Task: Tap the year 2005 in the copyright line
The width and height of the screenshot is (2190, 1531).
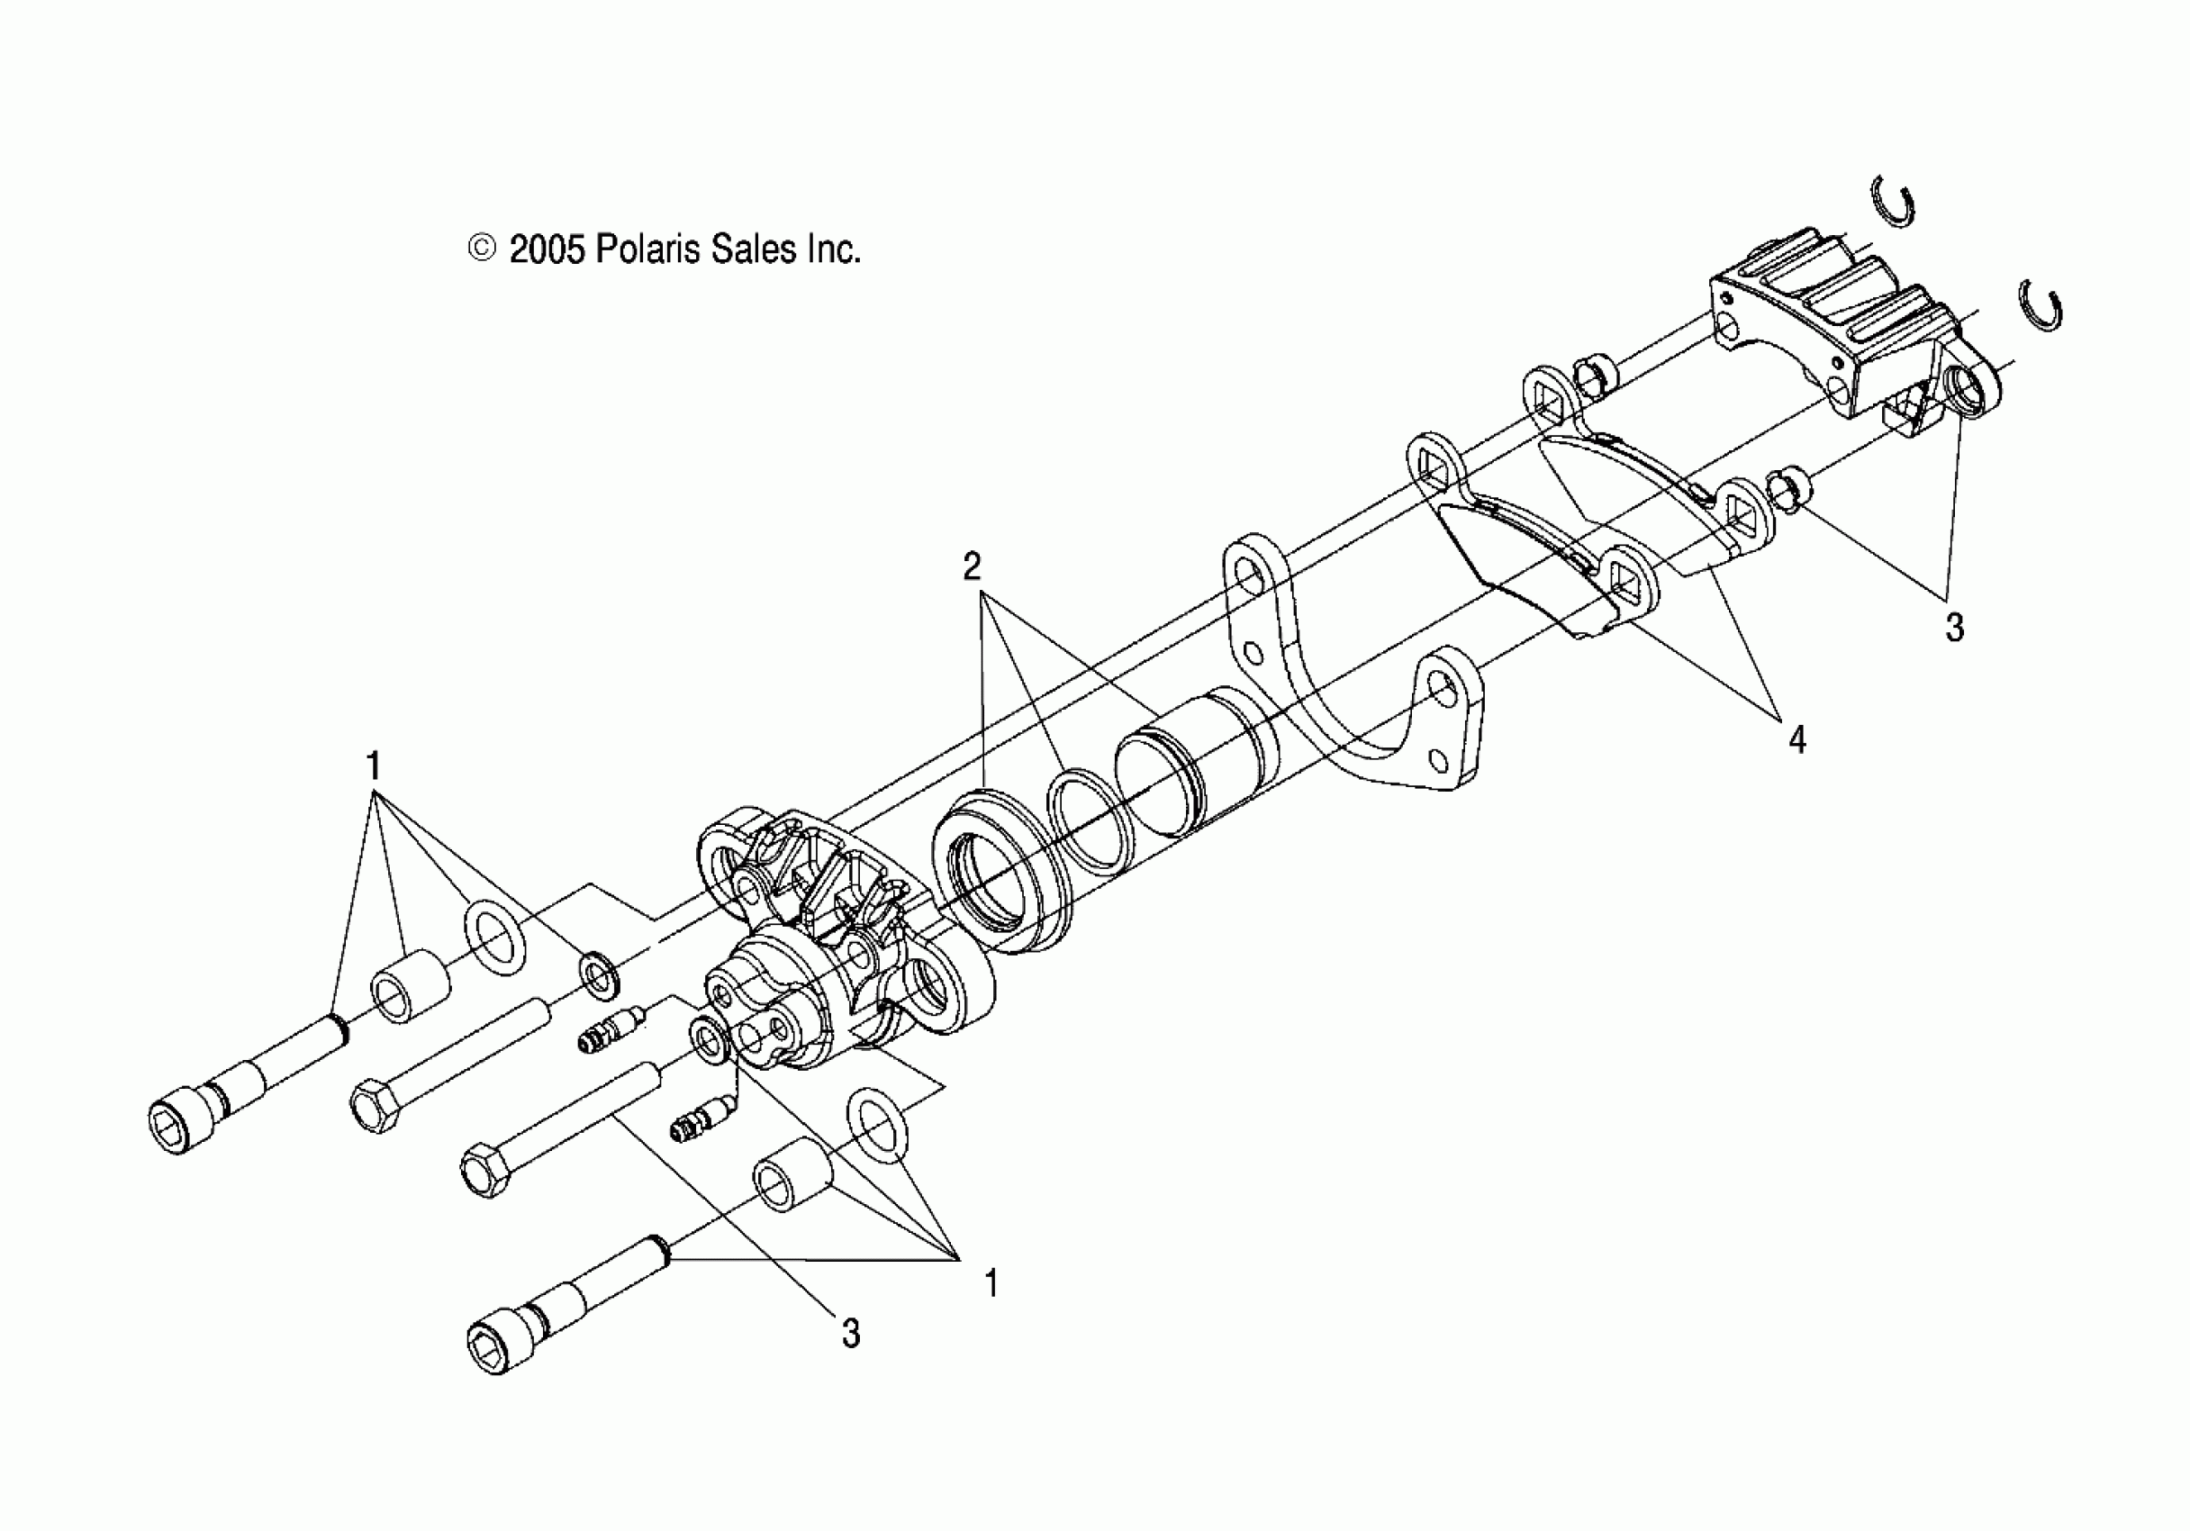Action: (546, 250)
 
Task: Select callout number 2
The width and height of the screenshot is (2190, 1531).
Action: (971, 567)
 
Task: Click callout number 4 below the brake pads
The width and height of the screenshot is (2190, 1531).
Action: (1797, 739)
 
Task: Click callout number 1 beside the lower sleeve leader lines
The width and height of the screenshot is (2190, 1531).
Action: (991, 1284)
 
